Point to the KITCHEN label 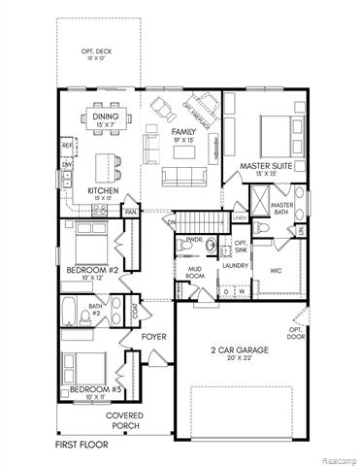pyautogui.click(x=103, y=190)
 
